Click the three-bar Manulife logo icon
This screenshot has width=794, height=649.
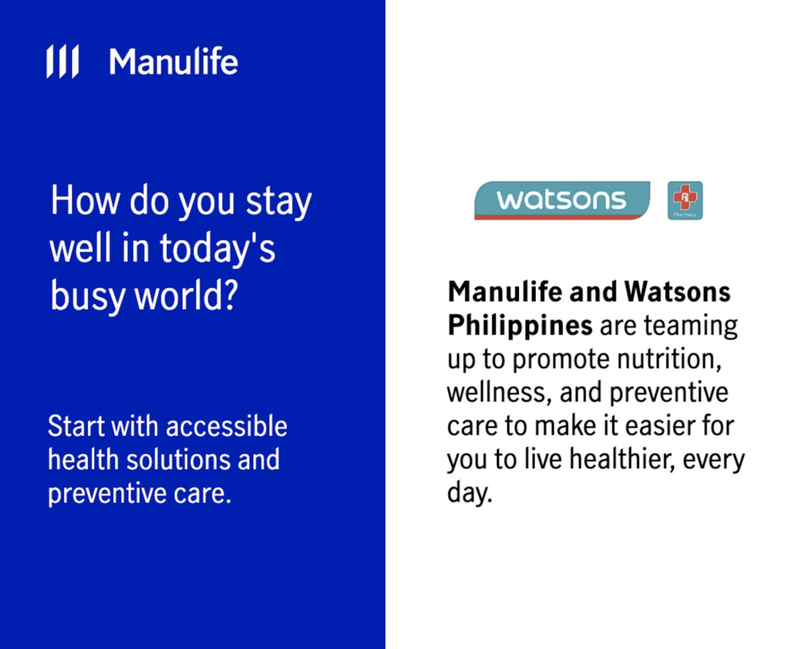(x=62, y=61)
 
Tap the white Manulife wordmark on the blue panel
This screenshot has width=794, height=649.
(x=173, y=62)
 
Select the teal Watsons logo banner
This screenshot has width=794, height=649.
(x=562, y=200)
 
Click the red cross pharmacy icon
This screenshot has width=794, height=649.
(x=685, y=200)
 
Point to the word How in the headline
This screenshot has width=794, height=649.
(x=84, y=201)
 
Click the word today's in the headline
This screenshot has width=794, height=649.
(x=217, y=249)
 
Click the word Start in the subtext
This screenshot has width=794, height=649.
(x=76, y=426)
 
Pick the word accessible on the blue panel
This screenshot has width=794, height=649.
(x=226, y=426)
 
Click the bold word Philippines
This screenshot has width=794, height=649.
(x=520, y=326)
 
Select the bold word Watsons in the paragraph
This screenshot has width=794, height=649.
(x=677, y=292)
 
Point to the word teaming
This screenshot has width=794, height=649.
(x=690, y=326)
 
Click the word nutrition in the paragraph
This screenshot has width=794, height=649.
(x=669, y=359)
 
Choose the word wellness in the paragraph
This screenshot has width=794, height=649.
(x=499, y=393)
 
